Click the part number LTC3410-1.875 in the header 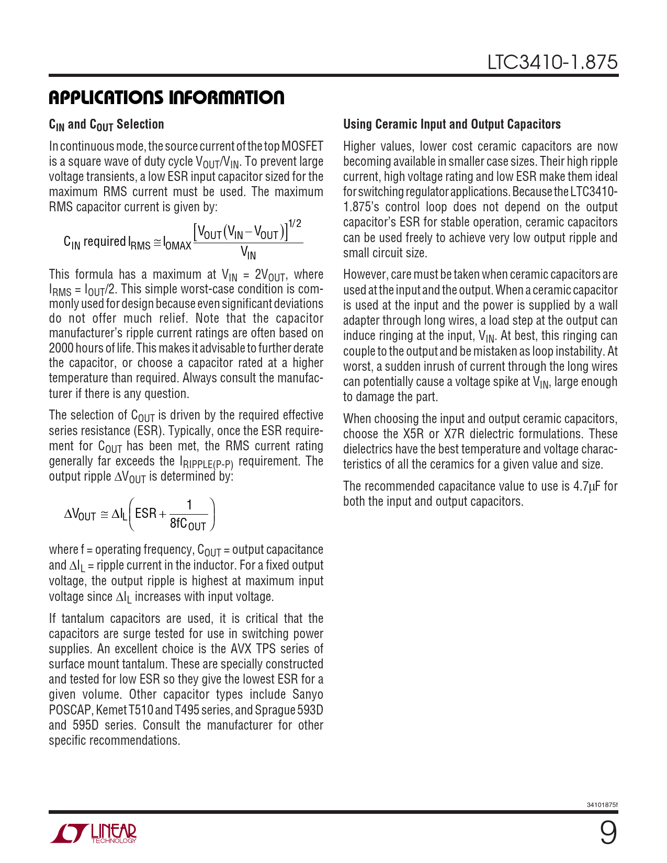tap(552, 62)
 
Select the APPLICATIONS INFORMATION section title tap(166, 98)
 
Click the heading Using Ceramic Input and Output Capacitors tap(452, 124)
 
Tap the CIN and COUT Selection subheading tap(106, 124)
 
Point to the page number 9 tap(608, 833)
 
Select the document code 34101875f tap(602, 804)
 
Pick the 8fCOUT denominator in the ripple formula tap(188, 524)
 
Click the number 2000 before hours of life tap(61, 348)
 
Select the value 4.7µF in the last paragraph tap(587, 486)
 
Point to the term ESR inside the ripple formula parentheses tap(146, 514)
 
